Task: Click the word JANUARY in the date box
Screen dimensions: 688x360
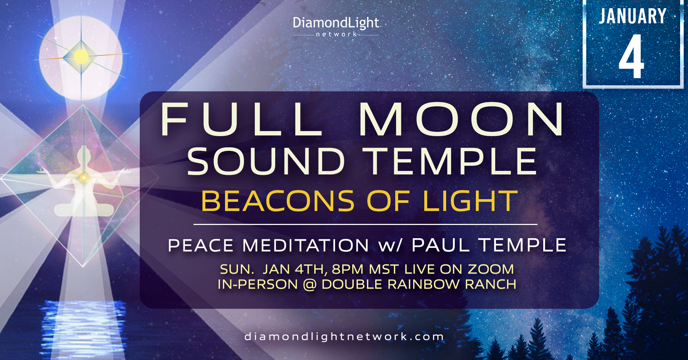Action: click(633, 16)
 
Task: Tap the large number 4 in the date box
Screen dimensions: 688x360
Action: click(631, 56)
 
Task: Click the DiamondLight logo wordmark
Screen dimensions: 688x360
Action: click(336, 23)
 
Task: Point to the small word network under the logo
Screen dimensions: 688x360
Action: click(336, 34)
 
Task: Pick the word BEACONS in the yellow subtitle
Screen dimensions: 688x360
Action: click(278, 201)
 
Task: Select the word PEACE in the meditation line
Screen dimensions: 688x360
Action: click(201, 246)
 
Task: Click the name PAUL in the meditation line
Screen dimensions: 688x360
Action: click(441, 245)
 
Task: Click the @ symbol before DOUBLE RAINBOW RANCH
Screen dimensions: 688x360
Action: click(310, 284)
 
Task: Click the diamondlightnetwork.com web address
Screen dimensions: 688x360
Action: click(344, 337)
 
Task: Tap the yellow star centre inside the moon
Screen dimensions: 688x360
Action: click(81, 57)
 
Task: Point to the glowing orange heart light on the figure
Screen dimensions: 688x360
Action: click(84, 177)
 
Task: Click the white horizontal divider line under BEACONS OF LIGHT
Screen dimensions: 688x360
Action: click(365, 224)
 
